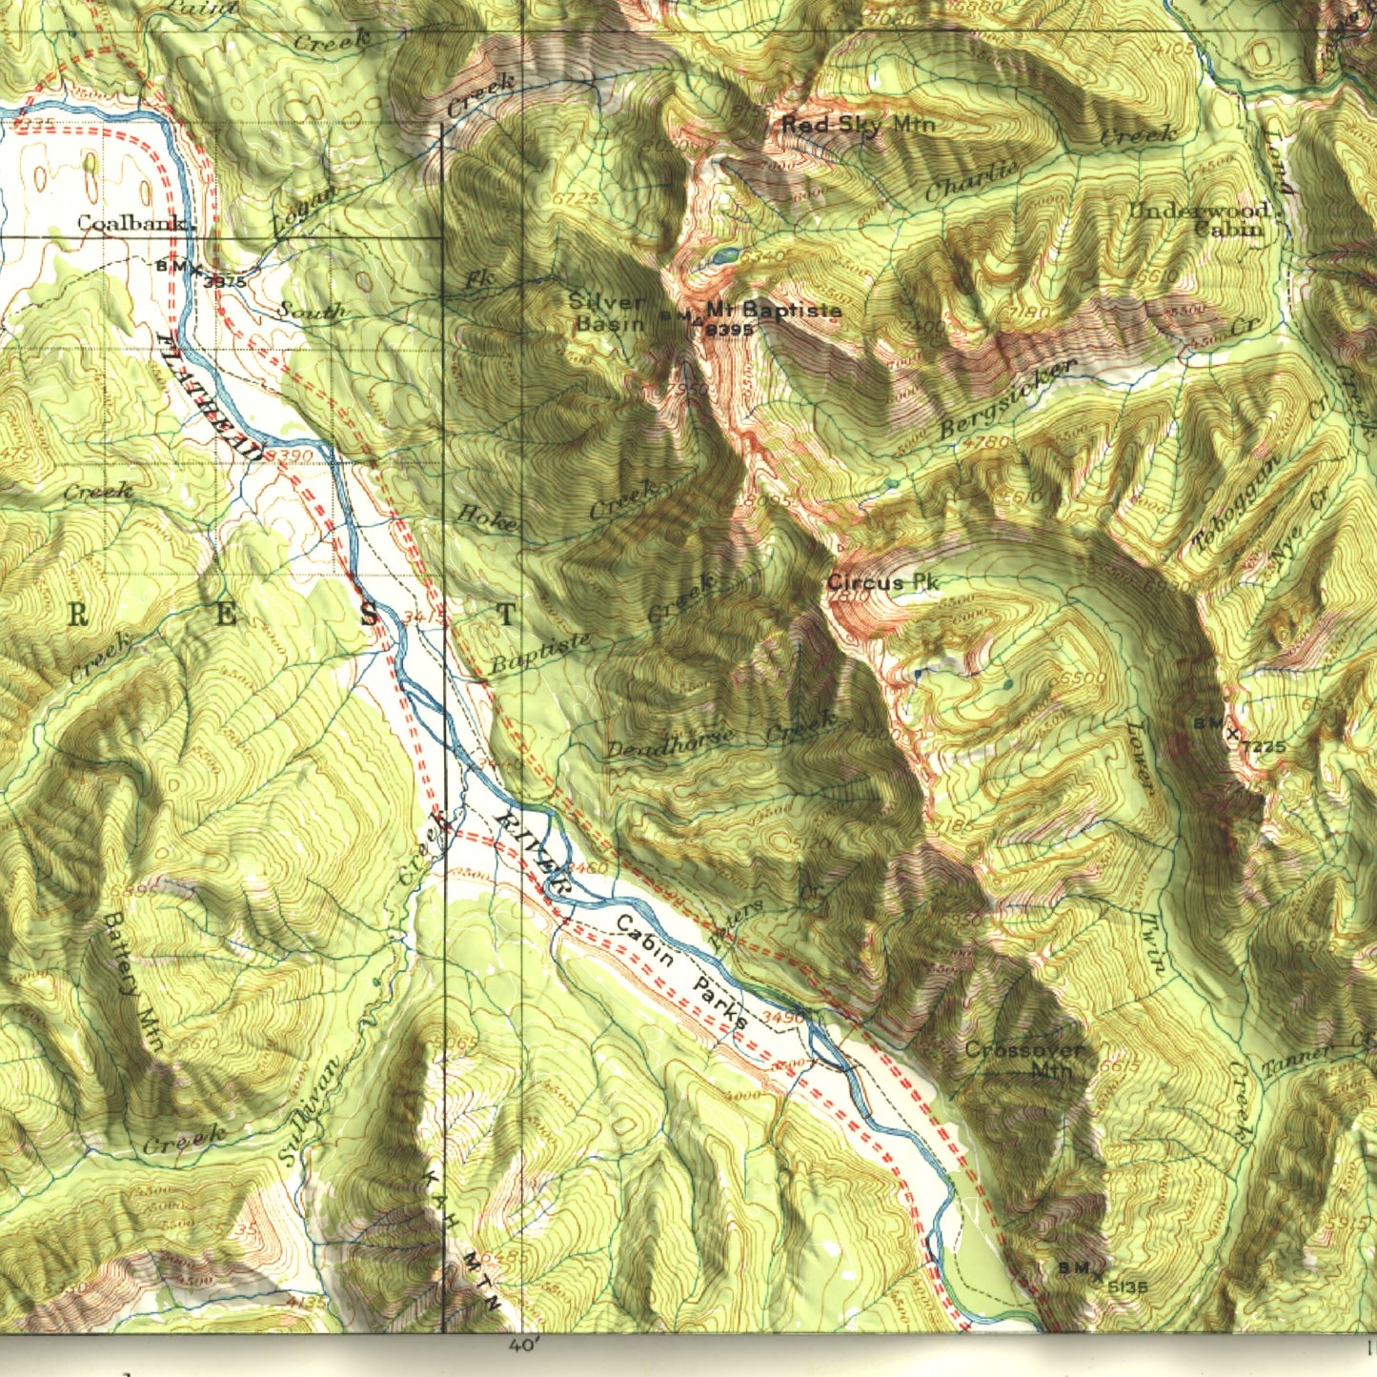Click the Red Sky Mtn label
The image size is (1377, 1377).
pyautogui.click(x=858, y=124)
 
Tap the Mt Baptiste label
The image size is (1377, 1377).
pyautogui.click(x=774, y=310)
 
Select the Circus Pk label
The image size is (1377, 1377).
pyautogui.click(x=882, y=582)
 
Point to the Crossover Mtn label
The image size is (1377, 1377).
pyautogui.click(x=1024, y=1060)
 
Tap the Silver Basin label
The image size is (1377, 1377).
pyautogui.click(x=606, y=312)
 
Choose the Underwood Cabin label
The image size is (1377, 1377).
pyautogui.click(x=1201, y=219)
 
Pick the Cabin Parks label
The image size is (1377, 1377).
pyautogui.click(x=681, y=973)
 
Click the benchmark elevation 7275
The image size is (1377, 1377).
pyautogui.click(x=1265, y=747)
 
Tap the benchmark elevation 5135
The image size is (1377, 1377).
pyautogui.click(x=1128, y=1286)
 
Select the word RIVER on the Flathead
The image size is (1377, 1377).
pyautogui.click(x=534, y=854)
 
